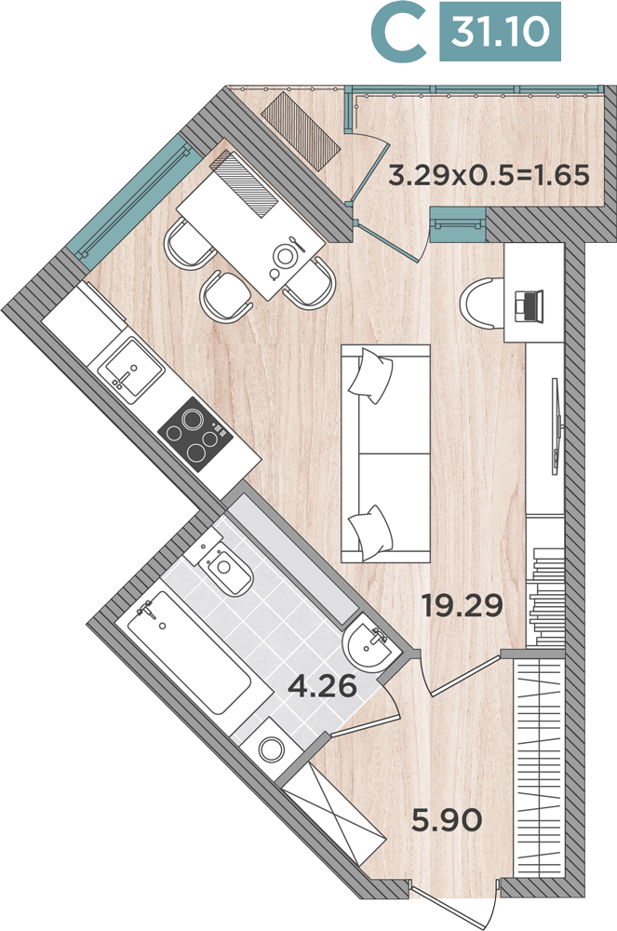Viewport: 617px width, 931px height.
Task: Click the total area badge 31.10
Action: [500, 32]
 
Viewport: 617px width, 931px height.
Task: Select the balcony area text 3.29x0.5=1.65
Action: [489, 176]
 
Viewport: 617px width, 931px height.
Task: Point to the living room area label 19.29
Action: [463, 606]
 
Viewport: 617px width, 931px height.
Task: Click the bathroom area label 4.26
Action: [322, 686]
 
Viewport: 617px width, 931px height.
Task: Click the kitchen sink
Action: [131, 371]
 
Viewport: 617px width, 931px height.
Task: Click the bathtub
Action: [182, 654]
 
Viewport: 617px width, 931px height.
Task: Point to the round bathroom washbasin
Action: [368, 645]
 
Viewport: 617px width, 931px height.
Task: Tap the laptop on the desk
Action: [530, 305]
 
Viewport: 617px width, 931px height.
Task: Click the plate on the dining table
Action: [283, 256]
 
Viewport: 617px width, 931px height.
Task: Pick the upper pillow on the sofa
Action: [370, 375]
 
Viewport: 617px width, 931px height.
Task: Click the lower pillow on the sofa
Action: [370, 531]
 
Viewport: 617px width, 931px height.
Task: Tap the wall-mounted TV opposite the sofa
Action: [556, 425]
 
